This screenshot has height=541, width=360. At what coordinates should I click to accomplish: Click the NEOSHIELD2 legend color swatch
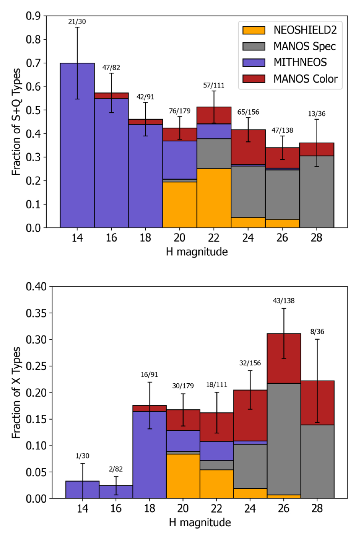[x=253, y=30]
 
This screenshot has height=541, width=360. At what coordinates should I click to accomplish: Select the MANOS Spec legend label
[x=305, y=46]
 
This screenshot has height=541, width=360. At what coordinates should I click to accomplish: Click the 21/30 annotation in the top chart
[x=77, y=22]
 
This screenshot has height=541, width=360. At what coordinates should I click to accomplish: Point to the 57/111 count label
[x=214, y=85]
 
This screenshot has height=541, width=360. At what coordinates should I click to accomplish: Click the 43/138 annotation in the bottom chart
[x=284, y=301]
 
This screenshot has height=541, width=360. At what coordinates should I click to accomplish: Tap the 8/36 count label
[x=317, y=332]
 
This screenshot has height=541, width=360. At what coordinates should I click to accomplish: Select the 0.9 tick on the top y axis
[x=34, y=16]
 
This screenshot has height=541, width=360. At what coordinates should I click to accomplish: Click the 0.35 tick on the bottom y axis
[x=36, y=313]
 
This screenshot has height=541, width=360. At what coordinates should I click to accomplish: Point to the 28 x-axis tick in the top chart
[x=316, y=238]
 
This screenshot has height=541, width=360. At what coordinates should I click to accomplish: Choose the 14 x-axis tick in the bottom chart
[x=83, y=509]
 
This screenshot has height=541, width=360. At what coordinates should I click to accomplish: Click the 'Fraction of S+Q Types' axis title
[x=16, y=122]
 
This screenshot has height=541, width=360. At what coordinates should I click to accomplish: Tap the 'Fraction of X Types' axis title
[x=16, y=393]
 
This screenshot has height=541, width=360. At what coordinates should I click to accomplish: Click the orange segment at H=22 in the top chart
[x=214, y=198]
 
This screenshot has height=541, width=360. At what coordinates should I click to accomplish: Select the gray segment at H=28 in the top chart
[x=316, y=192]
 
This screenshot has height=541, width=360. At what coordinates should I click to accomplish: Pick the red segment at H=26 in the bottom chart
[x=284, y=358]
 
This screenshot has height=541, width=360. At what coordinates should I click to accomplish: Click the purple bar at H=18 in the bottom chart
[x=150, y=455]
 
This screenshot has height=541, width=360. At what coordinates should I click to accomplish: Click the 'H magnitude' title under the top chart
[x=197, y=252]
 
